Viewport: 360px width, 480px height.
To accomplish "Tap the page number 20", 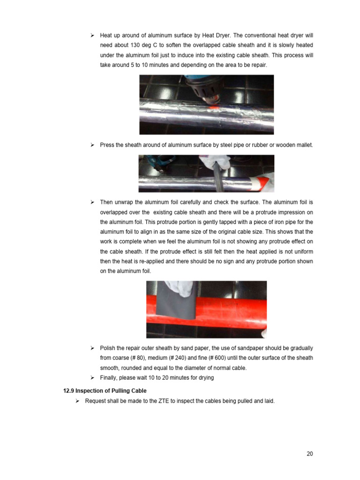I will pos(309,453).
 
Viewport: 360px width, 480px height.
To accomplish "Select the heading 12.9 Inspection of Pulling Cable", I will pos(105,391).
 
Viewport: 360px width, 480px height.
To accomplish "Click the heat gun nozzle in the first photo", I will pos(204,94).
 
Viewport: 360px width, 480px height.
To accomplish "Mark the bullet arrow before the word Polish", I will pos(92,348).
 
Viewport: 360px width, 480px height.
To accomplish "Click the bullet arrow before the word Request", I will pos(77,401).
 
